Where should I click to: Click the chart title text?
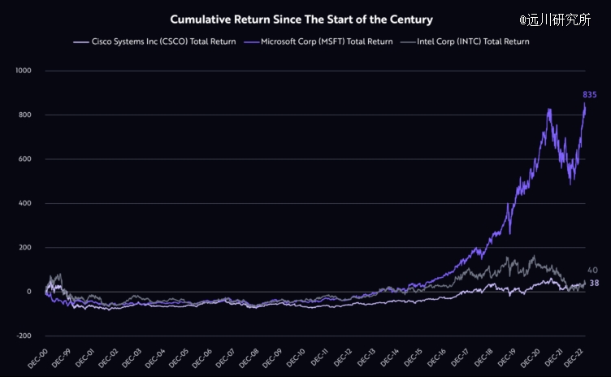301,19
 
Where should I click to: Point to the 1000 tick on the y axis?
23,71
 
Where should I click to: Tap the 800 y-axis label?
24,115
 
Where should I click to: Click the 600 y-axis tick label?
24,159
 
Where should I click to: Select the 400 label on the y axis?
24,203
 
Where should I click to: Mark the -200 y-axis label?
23,336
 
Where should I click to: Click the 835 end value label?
590,95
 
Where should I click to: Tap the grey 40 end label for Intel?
593,270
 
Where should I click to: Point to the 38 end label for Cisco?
594,283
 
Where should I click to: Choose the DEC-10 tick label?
295,358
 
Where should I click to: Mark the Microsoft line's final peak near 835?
585,104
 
